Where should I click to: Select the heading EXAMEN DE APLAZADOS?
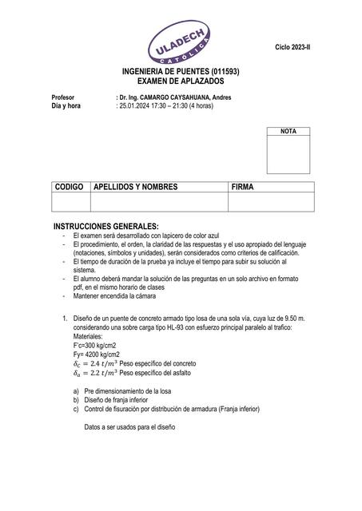[x=181, y=81]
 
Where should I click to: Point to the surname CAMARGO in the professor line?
[x=171, y=97]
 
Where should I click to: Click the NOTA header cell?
[x=288, y=130]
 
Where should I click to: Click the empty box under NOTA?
[x=288, y=154]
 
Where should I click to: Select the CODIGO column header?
[x=69, y=187]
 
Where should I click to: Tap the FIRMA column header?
[x=243, y=187]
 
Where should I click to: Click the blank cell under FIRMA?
[x=271, y=201]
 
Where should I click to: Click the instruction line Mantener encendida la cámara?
[x=114, y=295]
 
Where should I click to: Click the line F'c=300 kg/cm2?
[x=97, y=345]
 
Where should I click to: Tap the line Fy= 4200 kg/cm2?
[x=97, y=354]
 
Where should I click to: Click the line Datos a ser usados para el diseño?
[x=129, y=426]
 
